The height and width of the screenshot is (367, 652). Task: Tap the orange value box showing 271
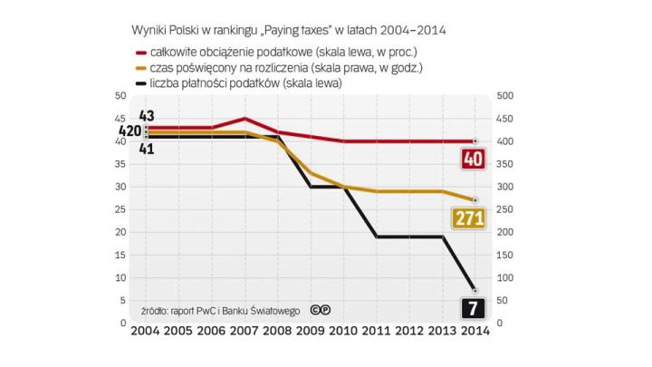click(471, 217)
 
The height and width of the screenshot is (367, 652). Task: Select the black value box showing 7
click(474, 309)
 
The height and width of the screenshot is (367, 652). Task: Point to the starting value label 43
click(148, 116)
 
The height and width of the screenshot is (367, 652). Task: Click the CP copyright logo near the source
click(319, 310)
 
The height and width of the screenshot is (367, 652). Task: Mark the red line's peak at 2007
click(245, 119)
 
